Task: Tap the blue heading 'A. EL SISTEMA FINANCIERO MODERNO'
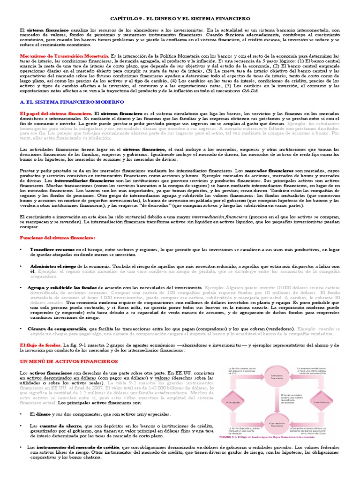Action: [x=65, y=100]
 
